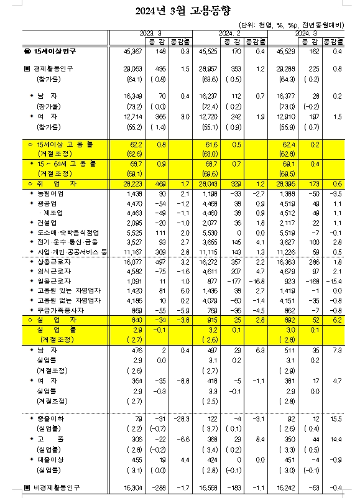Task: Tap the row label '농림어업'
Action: coord(50,194)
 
